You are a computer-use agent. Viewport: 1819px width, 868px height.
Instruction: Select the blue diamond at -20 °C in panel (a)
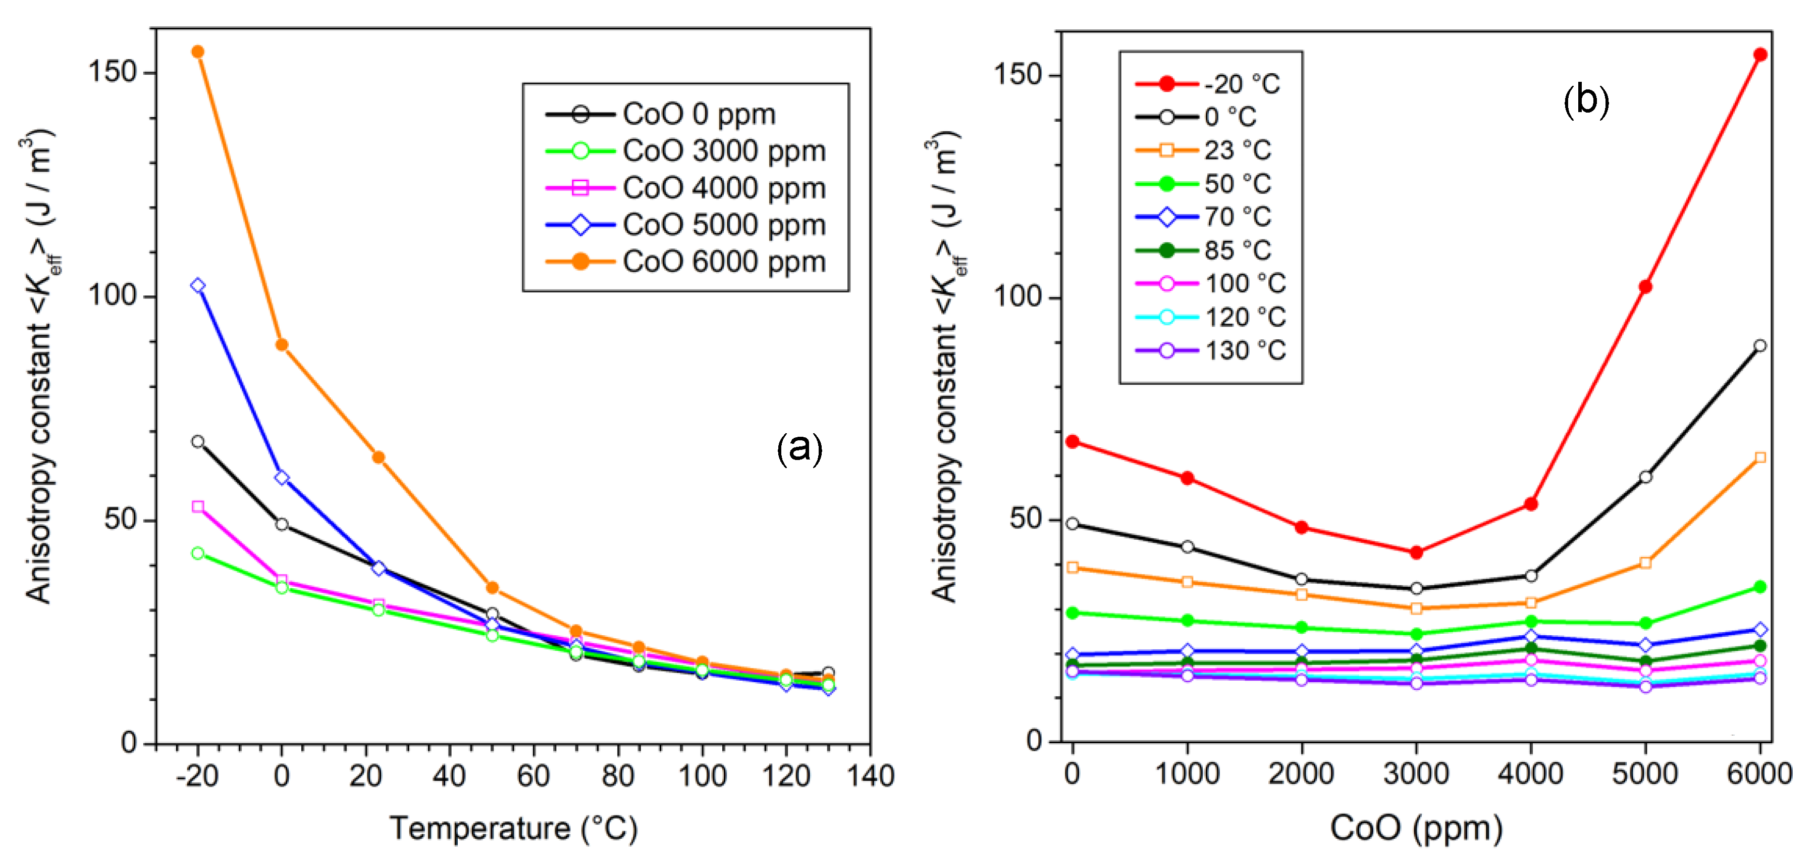pos(198,285)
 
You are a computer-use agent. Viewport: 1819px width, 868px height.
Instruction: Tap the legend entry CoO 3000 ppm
pos(723,151)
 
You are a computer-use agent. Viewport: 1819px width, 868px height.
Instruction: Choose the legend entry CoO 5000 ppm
pos(723,225)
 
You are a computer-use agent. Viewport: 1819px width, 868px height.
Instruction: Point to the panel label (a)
pos(799,448)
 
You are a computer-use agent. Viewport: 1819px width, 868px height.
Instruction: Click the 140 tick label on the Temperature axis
pos(870,776)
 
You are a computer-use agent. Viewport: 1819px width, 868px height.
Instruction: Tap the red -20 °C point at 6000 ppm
pos(1759,55)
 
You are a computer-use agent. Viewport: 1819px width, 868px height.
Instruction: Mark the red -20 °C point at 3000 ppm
pos(1416,553)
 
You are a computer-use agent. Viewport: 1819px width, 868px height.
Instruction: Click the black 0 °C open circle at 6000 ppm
pos(1759,346)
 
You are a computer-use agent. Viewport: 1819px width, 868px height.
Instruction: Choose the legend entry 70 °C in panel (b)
pos(1237,217)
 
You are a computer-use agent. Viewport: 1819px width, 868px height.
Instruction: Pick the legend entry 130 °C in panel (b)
pos(1244,351)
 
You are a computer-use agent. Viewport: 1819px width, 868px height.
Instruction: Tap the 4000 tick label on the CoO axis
pos(1530,774)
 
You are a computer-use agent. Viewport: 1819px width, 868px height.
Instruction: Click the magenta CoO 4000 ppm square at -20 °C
pos(198,507)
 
